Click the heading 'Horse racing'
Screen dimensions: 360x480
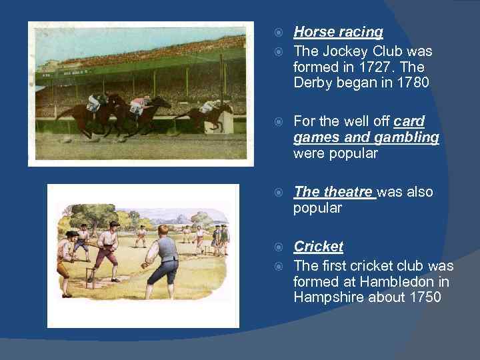point(338,31)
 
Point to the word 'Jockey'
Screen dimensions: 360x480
point(345,51)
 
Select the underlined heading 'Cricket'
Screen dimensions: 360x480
point(318,247)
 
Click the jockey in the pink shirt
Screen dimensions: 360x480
point(138,105)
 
